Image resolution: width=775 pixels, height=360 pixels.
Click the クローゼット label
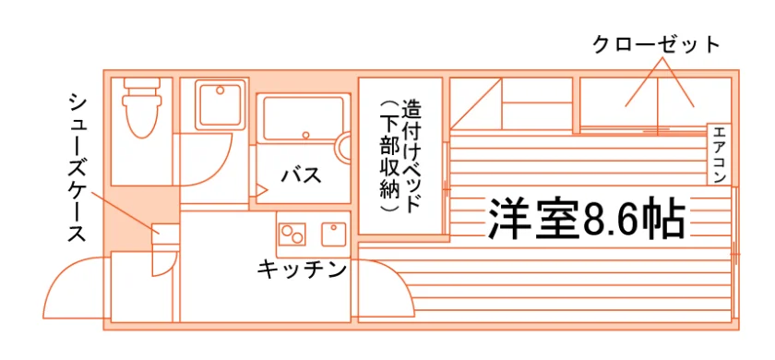click(x=656, y=45)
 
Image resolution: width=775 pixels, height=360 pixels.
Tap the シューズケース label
click(x=77, y=169)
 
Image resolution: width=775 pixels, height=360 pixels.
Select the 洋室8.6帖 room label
click(x=587, y=219)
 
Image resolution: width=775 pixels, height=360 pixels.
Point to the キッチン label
click(x=301, y=270)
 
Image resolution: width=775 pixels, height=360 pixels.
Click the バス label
click(x=302, y=175)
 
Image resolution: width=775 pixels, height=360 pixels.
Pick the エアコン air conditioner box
click(x=719, y=154)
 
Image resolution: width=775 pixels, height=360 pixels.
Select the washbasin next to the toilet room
click(x=221, y=104)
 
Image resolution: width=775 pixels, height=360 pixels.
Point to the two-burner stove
click(x=292, y=234)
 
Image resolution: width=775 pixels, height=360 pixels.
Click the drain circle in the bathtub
click(x=306, y=135)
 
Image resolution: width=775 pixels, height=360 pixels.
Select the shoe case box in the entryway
click(x=165, y=234)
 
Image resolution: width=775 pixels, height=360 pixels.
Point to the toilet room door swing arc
click(x=219, y=169)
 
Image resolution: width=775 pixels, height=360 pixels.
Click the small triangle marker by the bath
click(x=261, y=189)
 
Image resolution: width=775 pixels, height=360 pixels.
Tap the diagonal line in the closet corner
click(x=476, y=103)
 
